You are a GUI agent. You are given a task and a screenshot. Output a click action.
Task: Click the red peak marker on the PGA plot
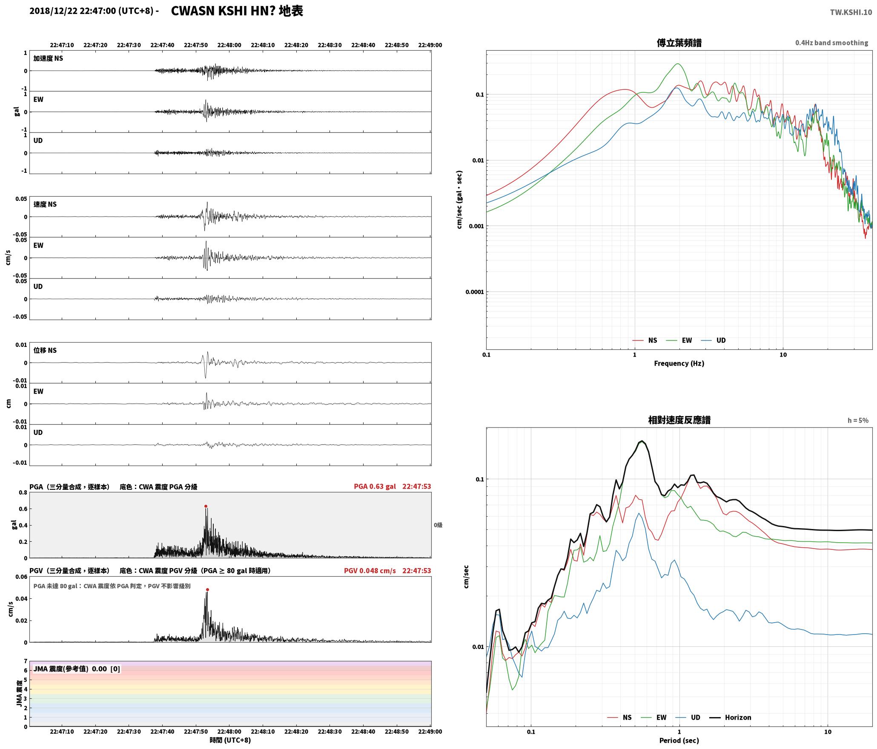[x=206, y=506]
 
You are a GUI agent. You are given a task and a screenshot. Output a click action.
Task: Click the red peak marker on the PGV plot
[x=207, y=590]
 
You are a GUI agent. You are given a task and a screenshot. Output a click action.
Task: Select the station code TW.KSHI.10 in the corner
[x=851, y=12]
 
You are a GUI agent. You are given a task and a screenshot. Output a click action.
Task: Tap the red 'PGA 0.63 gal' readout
[x=375, y=486]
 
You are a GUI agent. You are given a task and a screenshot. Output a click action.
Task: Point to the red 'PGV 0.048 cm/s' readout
[x=370, y=571]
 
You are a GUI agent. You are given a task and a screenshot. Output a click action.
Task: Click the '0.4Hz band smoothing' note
[x=831, y=43]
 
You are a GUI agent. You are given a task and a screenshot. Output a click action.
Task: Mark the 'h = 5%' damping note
[x=858, y=420]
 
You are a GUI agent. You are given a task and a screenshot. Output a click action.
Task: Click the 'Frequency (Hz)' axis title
[x=679, y=363]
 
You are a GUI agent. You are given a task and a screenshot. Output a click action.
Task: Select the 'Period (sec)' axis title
[x=679, y=740]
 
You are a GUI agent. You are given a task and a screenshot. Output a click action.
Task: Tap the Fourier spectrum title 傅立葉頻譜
[x=679, y=43]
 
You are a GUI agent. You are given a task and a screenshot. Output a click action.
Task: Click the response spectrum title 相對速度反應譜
[x=679, y=420]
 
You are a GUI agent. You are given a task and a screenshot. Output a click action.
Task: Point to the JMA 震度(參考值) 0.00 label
[x=70, y=669]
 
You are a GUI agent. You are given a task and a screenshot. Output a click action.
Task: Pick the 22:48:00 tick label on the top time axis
[x=229, y=45]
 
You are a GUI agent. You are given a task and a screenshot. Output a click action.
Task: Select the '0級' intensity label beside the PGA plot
[x=438, y=525]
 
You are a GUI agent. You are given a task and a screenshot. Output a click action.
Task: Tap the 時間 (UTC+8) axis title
[x=230, y=740]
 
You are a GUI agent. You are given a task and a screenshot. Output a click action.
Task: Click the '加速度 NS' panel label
[x=48, y=58]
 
